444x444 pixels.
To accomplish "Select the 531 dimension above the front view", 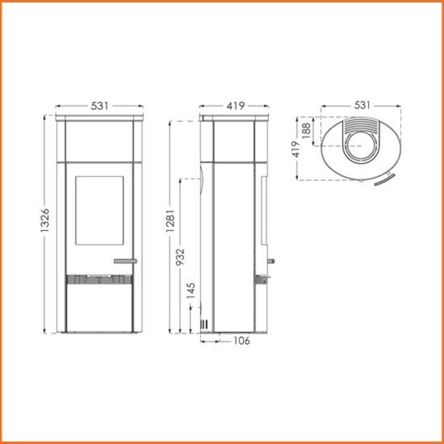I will pyautogui.click(x=99, y=107).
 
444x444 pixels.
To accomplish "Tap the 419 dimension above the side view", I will pyautogui.click(x=236, y=107).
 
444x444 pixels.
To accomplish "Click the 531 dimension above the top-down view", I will pyautogui.click(x=362, y=105).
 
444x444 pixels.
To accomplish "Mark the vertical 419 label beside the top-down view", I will pyautogui.click(x=296, y=149).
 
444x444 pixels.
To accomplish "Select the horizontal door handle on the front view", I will pyautogui.click(x=125, y=260).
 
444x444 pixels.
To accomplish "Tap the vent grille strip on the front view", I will pyautogui.click(x=99, y=279).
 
